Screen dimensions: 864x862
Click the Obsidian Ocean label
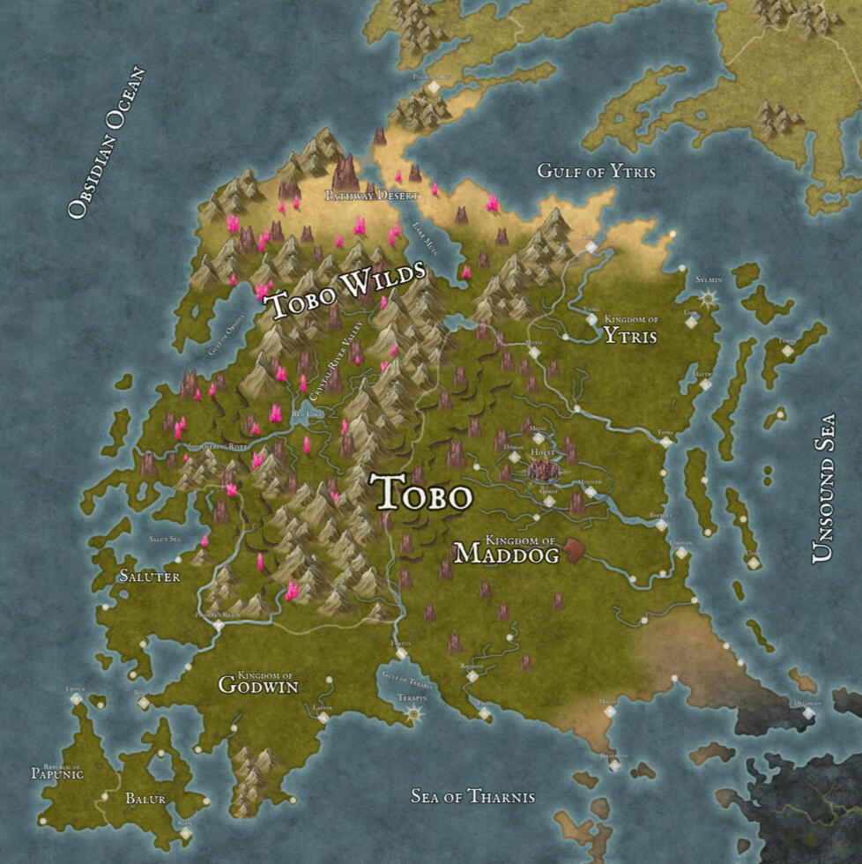point(107,142)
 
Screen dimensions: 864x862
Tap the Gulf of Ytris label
point(597,171)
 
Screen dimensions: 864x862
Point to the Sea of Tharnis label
point(472,797)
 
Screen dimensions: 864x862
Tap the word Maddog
point(506,554)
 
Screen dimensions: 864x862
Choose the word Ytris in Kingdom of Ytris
point(631,334)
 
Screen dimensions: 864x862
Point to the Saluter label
point(150,577)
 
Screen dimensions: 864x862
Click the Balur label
point(145,799)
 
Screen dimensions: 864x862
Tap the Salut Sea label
point(165,539)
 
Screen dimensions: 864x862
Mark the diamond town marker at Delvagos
point(807,712)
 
